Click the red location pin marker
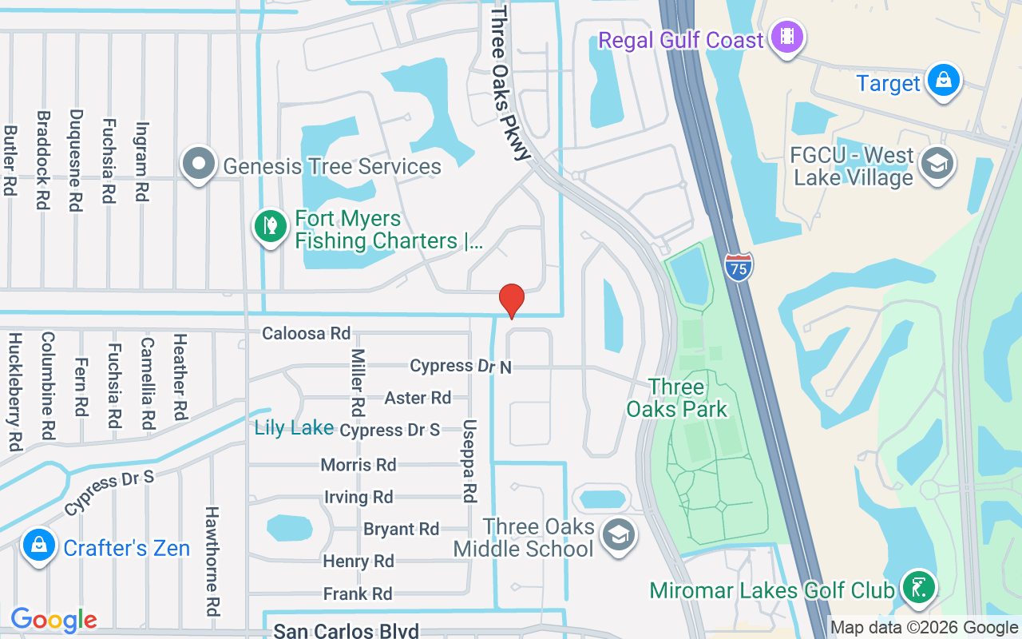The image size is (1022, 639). coord(511,300)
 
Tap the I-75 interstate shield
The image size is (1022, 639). coord(739,267)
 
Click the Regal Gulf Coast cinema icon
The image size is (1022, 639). coord(788,36)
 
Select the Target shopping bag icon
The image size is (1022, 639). coord(944,81)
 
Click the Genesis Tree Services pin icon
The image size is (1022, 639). coord(199,164)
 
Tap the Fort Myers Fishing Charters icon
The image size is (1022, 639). coord(271,226)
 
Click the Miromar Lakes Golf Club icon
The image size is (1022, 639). coord(918,587)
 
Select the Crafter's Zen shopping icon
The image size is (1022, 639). coord(38,546)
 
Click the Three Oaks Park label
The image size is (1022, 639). coord(677,399)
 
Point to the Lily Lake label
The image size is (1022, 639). coord(294,428)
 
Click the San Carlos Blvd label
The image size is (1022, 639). coord(346,631)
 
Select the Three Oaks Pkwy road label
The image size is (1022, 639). coord(511,82)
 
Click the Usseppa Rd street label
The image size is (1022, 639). coord(469,462)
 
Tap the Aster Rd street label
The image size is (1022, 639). coord(418,398)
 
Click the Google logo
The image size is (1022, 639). coord(53,620)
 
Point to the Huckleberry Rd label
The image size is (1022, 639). coord(14,392)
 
